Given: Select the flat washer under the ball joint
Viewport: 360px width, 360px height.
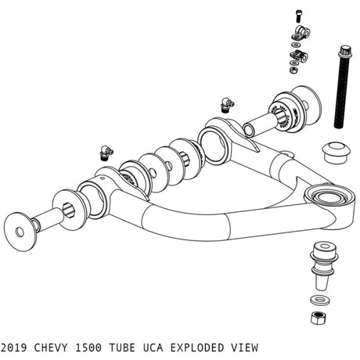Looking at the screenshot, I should (x=319, y=300).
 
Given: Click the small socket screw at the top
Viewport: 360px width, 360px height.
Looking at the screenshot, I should (x=299, y=15).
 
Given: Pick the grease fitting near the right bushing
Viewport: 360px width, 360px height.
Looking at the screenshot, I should (x=226, y=103).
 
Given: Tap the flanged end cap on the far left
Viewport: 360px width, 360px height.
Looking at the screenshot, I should (x=21, y=227).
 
